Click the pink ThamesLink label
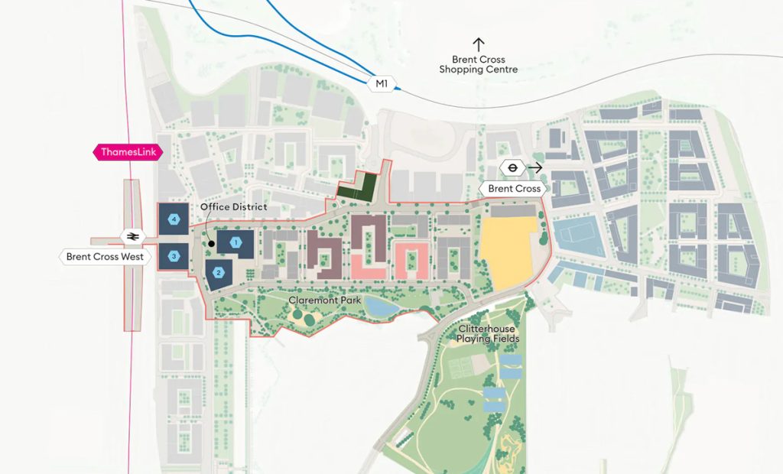tap(128, 152)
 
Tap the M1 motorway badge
tap(381, 83)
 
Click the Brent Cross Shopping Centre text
tap(478, 65)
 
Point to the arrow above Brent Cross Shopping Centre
tap(479, 44)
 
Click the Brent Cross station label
tap(514, 188)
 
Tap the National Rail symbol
tap(133, 235)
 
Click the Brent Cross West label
tap(103, 257)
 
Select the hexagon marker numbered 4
tap(174, 219)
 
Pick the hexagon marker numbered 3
tap(174, 255)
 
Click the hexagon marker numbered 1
tap(236, 242)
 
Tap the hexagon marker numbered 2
tap(219, 272)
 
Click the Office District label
tap(233, 207)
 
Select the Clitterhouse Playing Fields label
tap(488, 333)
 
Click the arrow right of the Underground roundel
tap(535, 167)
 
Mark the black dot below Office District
tap(211, 243)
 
